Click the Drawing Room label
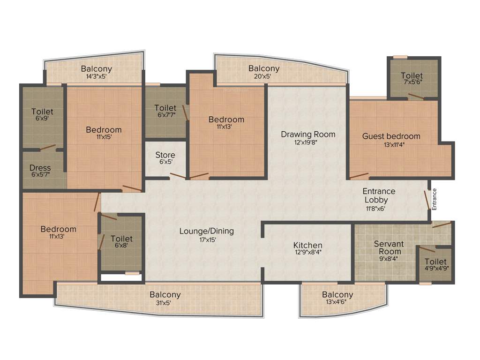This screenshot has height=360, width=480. (x=308, y=135)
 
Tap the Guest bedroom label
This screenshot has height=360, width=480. (x=391, y=136)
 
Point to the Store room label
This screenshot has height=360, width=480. (x=165, y=155)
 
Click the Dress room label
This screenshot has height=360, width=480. (x=40, y=168)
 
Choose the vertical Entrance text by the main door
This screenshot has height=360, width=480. (x=434, y=199)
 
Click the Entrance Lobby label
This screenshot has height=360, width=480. (x=379, y=195)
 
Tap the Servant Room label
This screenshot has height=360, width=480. (x=387, y=247)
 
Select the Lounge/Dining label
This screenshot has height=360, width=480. (x=206, y=231)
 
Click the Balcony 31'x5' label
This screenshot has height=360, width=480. (x=165, y=295)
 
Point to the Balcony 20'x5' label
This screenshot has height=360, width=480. (x=264, y=68)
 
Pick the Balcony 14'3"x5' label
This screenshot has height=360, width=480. (x=96, y=69)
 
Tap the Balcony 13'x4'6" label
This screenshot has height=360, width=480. (x=337, y=295)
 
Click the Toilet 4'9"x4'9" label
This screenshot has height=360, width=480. (x=435, y=262)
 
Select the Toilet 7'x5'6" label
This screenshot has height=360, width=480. (x=412, y=75)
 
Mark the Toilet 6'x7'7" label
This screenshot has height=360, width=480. (x=165, y=108)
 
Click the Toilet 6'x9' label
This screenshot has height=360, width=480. (x=42, y=112)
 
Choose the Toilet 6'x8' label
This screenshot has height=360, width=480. (x=121, y=239)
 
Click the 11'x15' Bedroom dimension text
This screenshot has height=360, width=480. (x=104, y=137)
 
